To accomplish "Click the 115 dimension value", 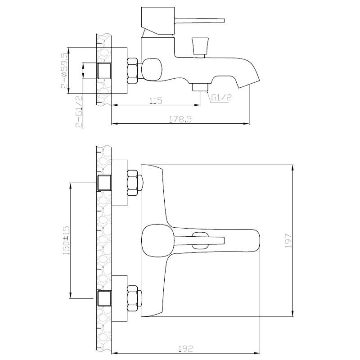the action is tap(156, 100).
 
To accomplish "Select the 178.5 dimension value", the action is tap(180, 119).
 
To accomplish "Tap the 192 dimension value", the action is tap(185, 349).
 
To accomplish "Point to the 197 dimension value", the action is tap(288, 241).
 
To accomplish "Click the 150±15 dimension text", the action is tap(66, 241).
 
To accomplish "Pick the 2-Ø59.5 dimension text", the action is tap(64, 71).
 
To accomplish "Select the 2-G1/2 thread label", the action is tap(79, 111).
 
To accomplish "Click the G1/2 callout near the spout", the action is tap(221, 98).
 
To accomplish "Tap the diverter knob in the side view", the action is tap(200, 48).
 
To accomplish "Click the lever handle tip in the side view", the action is tap(222, 20).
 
